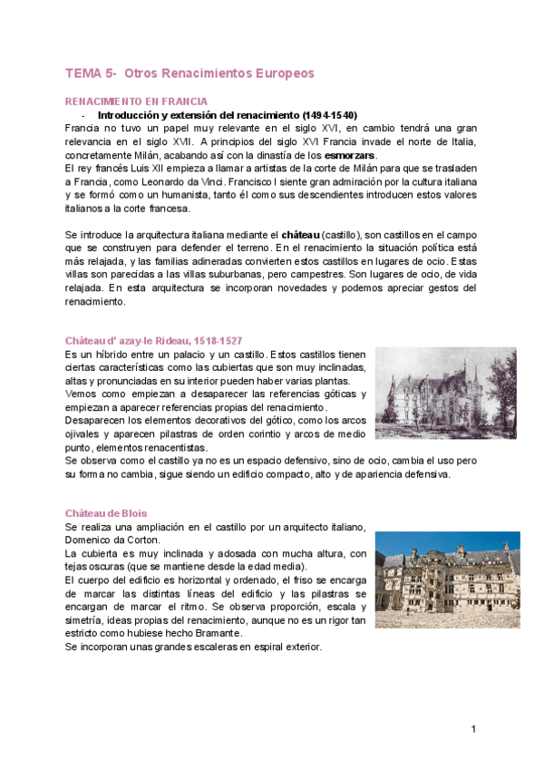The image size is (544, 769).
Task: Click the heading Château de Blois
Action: coord(107,513)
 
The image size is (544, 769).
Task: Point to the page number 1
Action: coord(472,729)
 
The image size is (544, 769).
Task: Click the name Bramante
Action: coord(216,634)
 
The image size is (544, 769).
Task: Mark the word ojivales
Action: coord(86,434)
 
